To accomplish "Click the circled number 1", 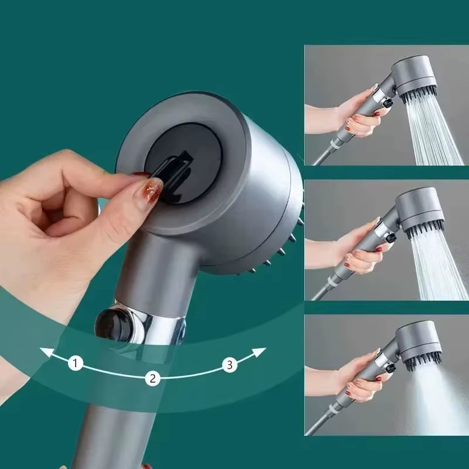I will coord(74,363).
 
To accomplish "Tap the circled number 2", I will coord(152,378).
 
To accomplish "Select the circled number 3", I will coord(230,365).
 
